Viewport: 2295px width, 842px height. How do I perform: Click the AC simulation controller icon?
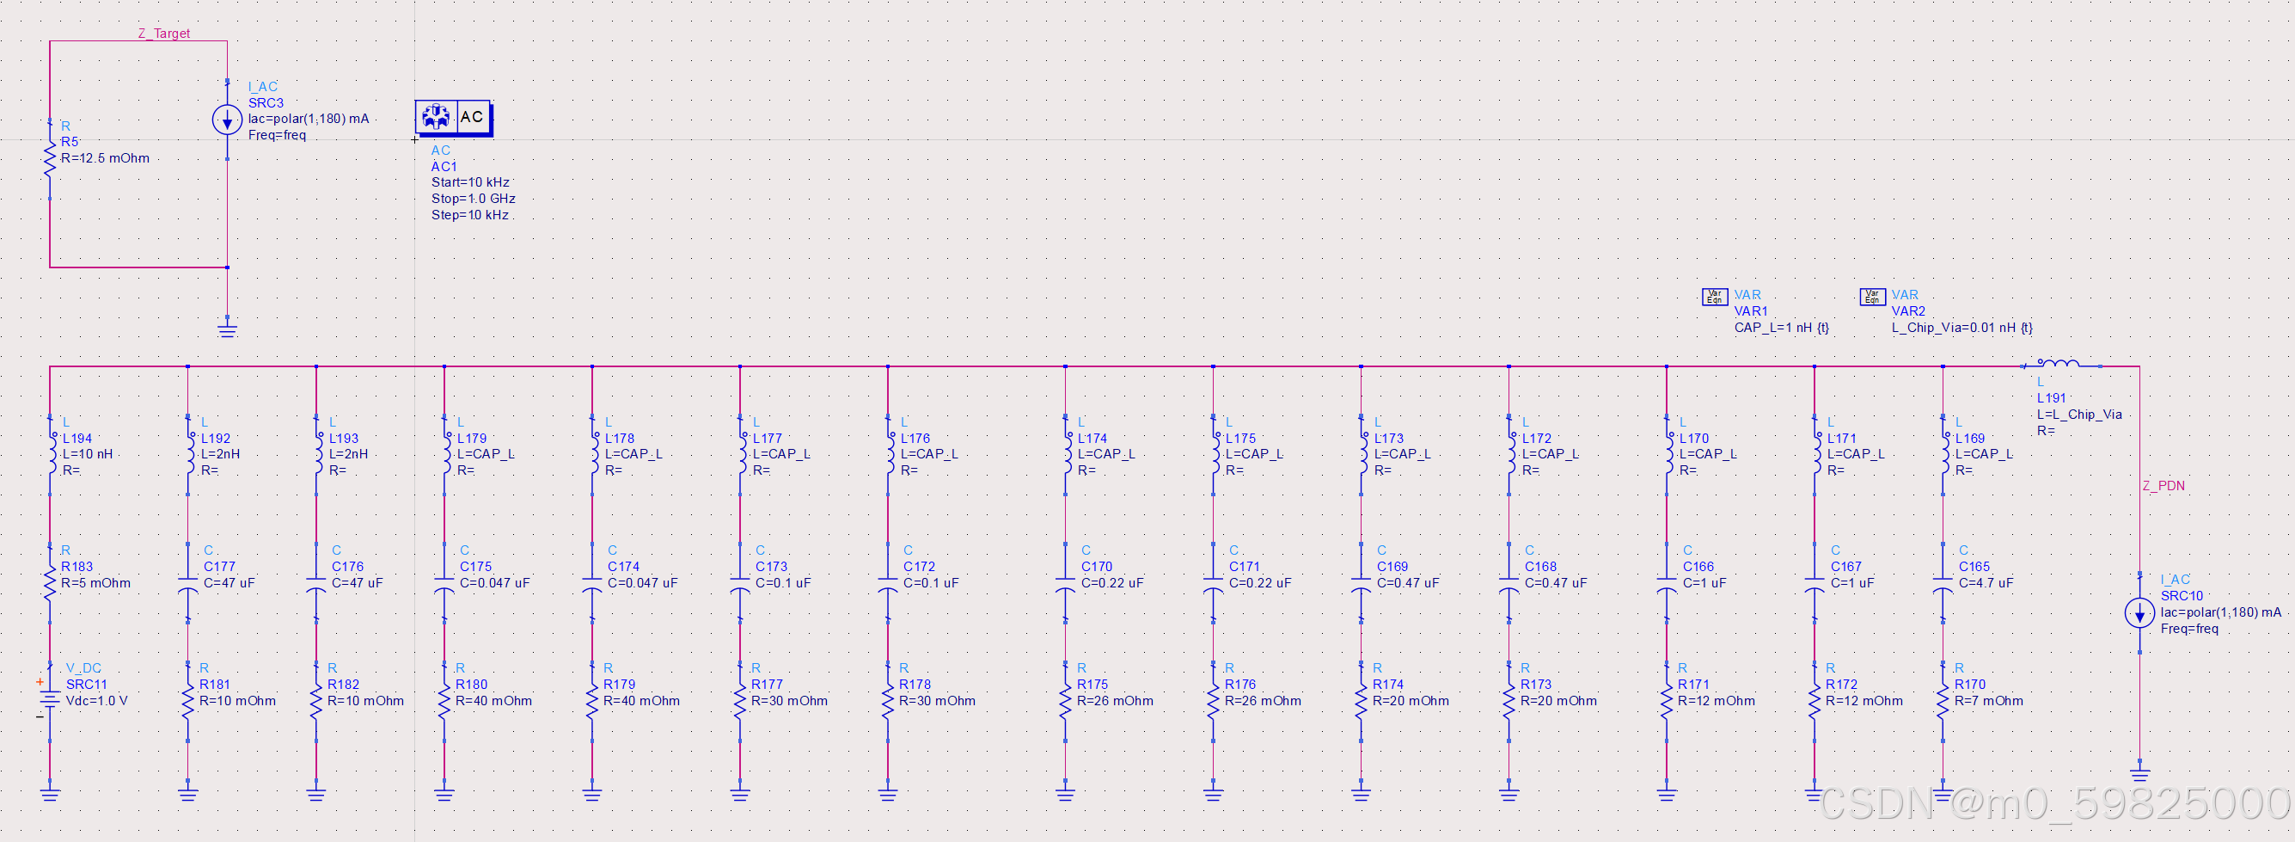point(454,117)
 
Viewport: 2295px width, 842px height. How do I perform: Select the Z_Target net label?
point(164,33)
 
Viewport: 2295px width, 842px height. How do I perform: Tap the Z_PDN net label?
point(2163,486)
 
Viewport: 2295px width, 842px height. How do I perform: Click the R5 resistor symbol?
point(50,159)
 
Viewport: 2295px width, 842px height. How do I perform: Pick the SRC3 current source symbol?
point(227,120)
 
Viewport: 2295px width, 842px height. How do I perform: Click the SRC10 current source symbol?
point(2139,613)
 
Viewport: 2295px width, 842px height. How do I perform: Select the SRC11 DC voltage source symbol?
point(50,699)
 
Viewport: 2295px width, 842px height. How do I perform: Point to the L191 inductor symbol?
point(2059,364)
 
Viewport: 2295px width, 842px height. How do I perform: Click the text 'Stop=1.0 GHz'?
point(473,199)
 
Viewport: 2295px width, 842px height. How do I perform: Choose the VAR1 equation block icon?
point(1714,297)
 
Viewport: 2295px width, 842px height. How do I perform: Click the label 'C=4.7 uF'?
point(1986,583)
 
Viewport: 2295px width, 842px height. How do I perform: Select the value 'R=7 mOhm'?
point(1988,701)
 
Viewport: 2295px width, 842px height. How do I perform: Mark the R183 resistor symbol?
point(50,583)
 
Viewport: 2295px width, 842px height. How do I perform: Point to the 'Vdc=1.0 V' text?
point(96,701)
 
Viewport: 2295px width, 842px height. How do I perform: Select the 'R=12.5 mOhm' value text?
point(105,158)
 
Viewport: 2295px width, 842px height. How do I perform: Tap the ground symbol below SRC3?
point(227,330)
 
